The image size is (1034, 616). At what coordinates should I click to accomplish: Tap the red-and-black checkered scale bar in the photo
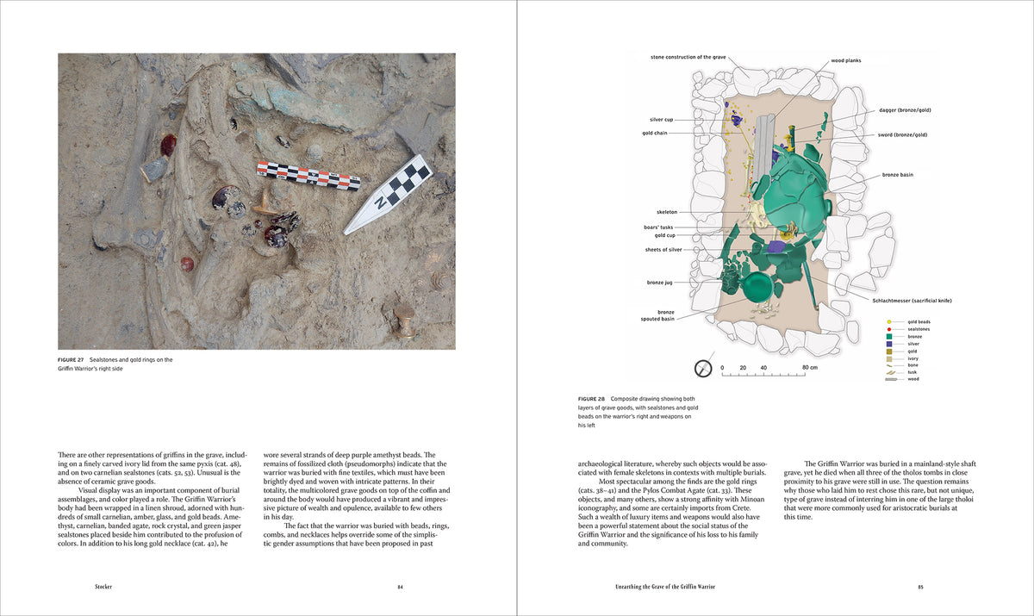(308, 177)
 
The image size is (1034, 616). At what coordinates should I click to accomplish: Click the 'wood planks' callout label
(845, 61)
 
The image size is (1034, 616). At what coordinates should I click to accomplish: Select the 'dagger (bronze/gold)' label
(905, 110)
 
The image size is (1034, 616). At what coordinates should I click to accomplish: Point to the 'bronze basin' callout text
(897, 175)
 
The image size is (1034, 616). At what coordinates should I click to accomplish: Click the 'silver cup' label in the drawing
(661, 120)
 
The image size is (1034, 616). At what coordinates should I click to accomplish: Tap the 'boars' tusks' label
(659, 227)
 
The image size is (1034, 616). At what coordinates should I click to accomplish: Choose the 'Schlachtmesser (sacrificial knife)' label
(911, 301)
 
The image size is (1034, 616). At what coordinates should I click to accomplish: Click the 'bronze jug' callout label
(661, 283)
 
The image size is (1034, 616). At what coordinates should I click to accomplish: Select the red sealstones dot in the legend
(888, 329)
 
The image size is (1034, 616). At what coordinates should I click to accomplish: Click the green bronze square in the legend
(888, 337)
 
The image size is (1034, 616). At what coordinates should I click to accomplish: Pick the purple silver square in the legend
(888, 344)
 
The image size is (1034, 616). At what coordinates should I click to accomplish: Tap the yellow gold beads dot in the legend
(888, 322)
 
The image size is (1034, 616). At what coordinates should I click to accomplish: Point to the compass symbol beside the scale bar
(701, 367)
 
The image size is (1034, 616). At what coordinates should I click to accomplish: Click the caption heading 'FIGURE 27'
(71, 360)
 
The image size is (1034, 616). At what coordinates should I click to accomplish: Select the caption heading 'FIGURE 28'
(592, 400)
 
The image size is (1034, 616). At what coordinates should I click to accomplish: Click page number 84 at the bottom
(400, 588)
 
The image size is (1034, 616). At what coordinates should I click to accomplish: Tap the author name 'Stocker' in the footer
(103, 588)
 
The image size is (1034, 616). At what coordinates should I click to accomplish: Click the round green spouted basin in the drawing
(758, 287)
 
